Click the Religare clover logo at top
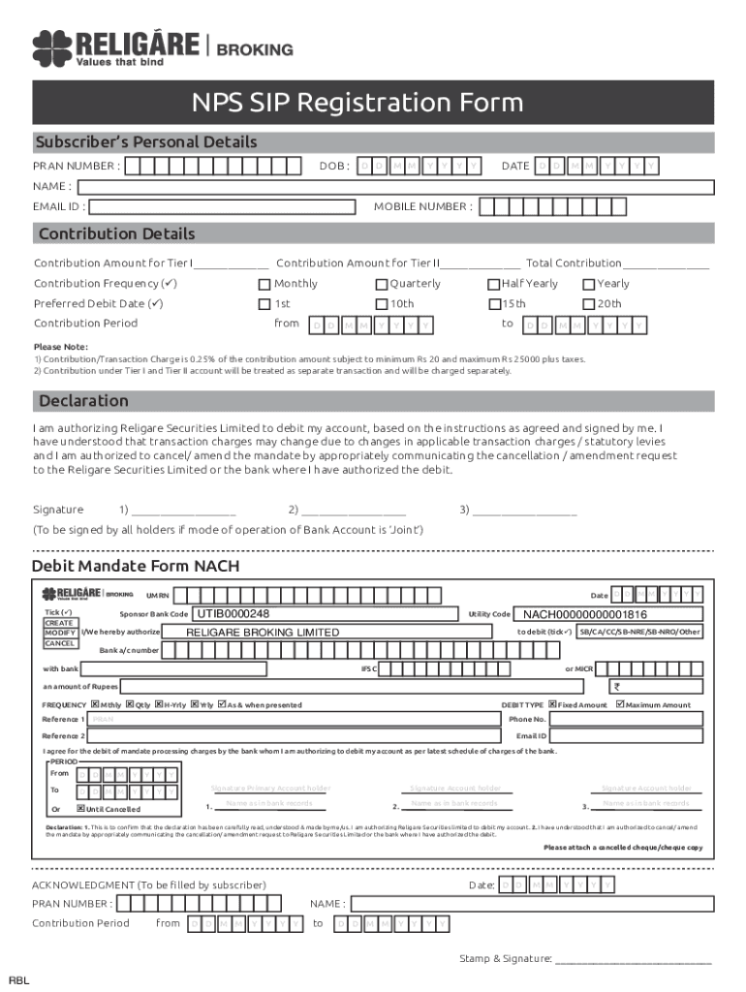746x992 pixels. (50, 48)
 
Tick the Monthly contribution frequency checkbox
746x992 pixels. (264, 284)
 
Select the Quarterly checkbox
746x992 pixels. (382, 284)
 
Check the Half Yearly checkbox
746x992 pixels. (493, 284)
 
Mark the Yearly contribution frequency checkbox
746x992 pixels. (588, 284)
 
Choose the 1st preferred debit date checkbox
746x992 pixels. (264, 304)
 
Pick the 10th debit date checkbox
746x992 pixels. (382, 304)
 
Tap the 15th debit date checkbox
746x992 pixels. (493, 304)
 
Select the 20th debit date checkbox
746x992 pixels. (588, 304)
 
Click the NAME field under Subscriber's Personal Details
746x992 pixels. (396, 186)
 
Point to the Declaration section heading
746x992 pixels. (83, 401)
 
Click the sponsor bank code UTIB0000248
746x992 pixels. (233, 614)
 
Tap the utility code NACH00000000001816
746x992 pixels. (585, 614)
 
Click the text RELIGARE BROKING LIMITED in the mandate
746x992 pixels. (263, 633)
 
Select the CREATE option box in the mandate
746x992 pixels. (58, 623)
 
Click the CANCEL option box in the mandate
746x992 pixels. (58, 643)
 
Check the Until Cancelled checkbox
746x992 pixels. (81, 808)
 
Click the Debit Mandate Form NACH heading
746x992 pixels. (136, 566)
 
